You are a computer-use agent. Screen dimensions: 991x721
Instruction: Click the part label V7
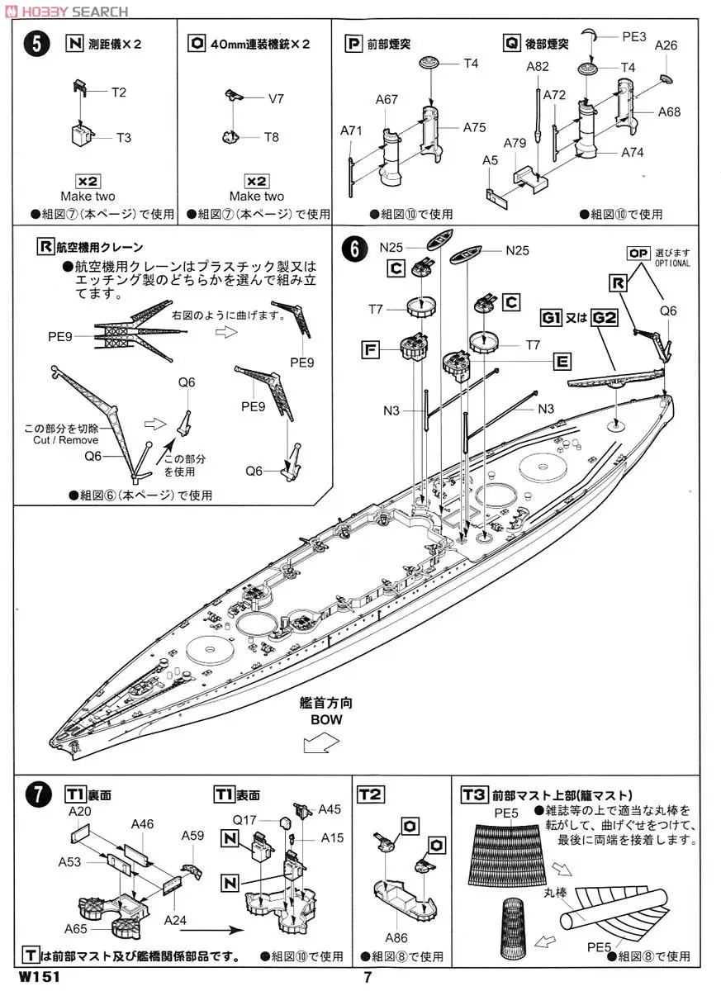[277, 98]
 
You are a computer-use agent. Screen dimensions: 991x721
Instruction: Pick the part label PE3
[633, 36]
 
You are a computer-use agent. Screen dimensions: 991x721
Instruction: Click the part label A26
[666, 45]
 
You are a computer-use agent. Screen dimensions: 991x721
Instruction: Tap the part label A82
[538, 67]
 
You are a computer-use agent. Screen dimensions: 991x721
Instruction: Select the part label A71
[351, 130]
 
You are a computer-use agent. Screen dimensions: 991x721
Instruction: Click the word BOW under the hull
[325, 719]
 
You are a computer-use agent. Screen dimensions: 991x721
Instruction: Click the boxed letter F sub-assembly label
[372, 349]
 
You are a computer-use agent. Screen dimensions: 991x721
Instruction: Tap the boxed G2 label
[605, 317]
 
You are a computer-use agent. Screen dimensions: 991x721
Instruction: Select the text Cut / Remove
[62, 440]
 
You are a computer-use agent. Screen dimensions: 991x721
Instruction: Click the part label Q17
[244, 820]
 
